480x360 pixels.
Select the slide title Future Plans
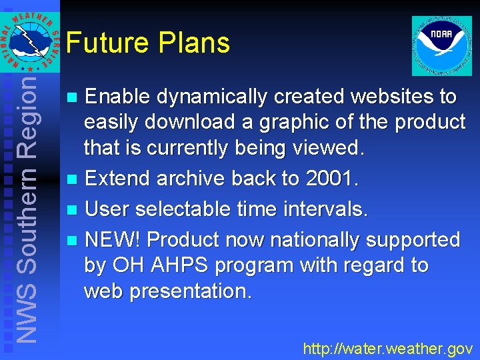(x=148, y=43)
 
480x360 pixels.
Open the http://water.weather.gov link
(x=387, y=348)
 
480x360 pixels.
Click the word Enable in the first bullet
(x=117, y=97)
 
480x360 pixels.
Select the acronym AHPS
(x=174, y=265)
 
